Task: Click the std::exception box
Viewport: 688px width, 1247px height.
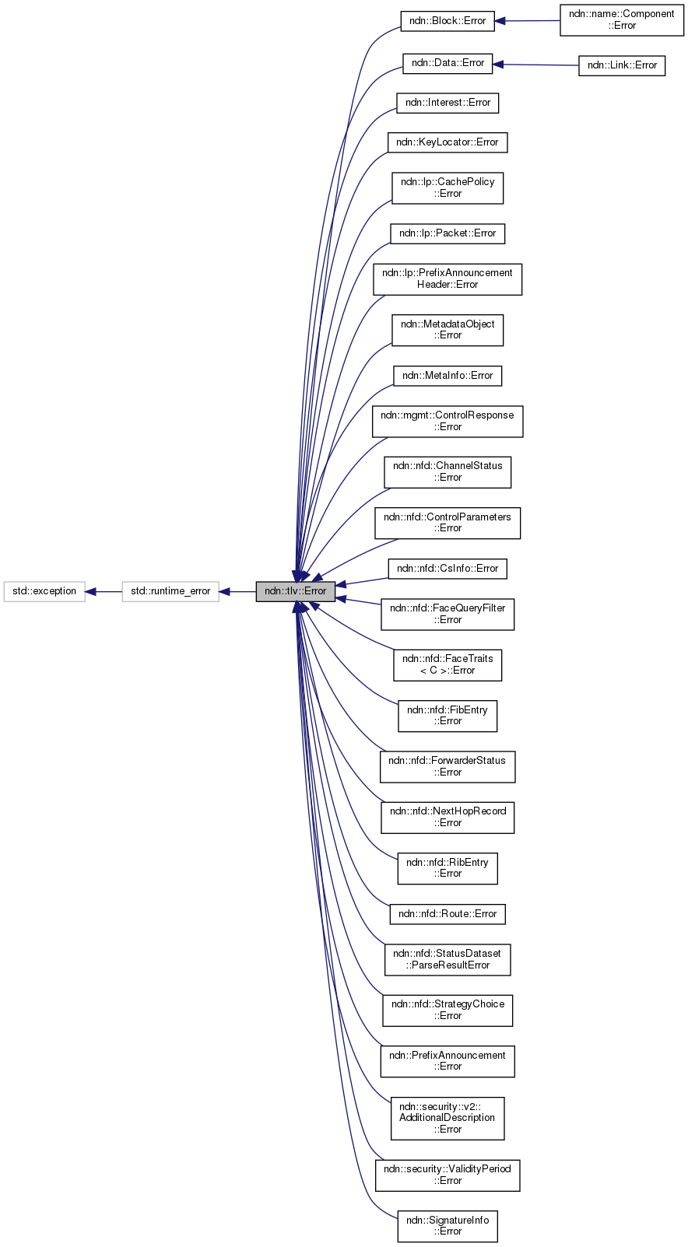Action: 44,591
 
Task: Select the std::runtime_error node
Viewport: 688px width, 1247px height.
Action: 170,591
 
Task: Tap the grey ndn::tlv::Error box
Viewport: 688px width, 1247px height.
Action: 296,591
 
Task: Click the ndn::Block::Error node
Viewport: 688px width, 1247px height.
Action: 448,21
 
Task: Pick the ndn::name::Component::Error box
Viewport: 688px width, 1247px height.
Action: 621,20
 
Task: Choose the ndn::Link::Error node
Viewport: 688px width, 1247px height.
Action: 622,65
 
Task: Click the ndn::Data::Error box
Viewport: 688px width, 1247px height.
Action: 448,63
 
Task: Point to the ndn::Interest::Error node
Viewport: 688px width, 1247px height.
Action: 448,103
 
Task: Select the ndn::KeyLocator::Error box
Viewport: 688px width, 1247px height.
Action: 448,142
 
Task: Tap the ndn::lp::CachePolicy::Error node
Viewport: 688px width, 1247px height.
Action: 448,187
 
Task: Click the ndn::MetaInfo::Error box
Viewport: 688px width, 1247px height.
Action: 448,376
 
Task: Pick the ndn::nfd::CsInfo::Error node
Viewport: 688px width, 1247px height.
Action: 448,569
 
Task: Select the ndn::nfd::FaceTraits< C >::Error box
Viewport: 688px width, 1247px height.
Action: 448,664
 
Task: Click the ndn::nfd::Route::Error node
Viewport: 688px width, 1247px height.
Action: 448,914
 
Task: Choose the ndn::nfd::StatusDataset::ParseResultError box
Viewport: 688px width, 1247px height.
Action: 448,959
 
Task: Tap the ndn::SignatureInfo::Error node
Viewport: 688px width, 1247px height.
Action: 448,1226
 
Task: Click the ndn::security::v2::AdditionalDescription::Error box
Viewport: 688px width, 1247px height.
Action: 448,1118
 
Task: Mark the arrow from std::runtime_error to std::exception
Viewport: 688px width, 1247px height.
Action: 104,591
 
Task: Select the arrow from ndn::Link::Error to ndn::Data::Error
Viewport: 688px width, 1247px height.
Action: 535,65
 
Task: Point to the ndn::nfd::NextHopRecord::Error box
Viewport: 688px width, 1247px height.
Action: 448,817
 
